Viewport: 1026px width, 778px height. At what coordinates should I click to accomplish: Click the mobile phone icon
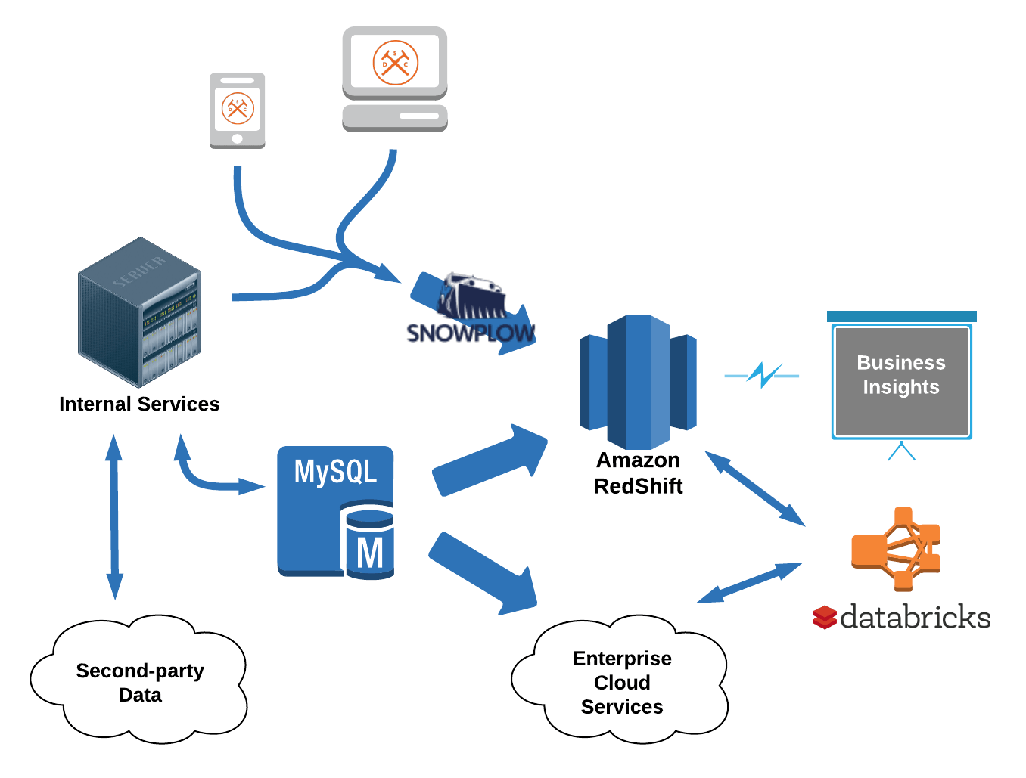tap(237, 110)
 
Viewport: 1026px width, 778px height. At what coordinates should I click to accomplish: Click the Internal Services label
tap(139, 404)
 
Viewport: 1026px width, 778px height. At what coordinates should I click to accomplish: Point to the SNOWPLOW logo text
tap(470, 333)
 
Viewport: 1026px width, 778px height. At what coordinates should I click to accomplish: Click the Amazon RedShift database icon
tap(637, 382)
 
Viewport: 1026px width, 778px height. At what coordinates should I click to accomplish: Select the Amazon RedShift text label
tap(638, 473)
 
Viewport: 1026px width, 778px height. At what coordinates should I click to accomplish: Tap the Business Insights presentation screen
tap(900, 381)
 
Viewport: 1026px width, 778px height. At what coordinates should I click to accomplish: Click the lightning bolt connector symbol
tap(762, 374)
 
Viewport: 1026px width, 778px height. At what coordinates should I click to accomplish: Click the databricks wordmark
tap(915, 618)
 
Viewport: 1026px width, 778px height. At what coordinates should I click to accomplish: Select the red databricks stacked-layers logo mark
tap(825, 618)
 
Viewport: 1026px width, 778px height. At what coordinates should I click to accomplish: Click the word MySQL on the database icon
tap(335, 472)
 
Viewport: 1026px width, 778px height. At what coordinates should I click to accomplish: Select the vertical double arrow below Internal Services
tap(114, 517)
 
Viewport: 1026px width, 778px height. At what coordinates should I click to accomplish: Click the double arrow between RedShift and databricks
tap(754, 488)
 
